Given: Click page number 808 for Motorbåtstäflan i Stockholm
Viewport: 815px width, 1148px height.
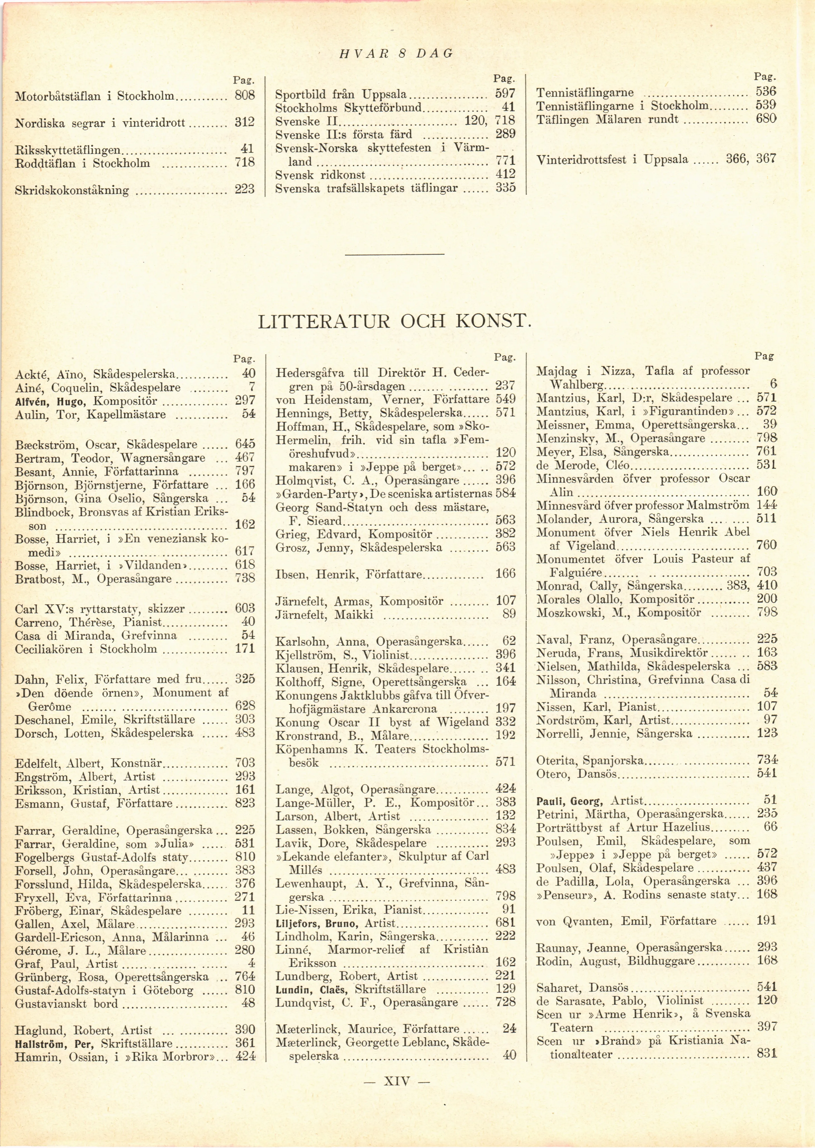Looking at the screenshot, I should click(x=245, y=95).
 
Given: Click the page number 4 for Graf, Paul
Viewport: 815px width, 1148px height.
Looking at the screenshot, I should click(x=252, y=963).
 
